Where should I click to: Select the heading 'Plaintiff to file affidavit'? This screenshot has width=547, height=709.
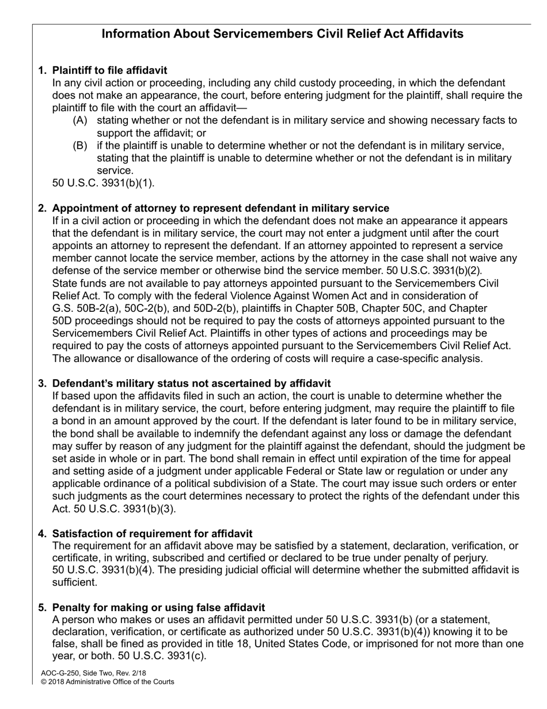click(109, 70)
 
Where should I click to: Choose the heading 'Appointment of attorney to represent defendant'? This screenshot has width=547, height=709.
click(221, 208)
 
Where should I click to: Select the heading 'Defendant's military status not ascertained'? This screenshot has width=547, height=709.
click(191, 383)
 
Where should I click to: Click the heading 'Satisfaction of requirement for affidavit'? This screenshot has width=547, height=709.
click(152, 534)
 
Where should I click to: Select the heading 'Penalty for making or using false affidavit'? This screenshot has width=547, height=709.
click(158, 608)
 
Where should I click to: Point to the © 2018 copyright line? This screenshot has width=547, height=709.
click(107, 681)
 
